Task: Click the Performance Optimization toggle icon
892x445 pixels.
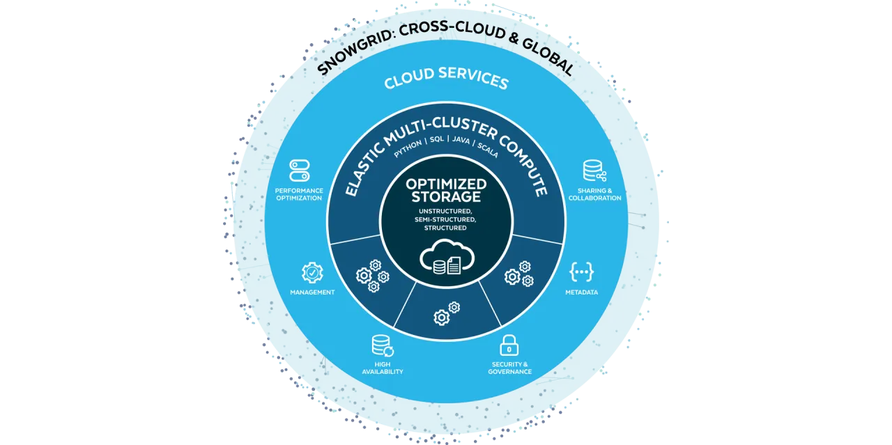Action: pos(299,171)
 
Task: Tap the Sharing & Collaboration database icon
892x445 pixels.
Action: pos(594,171)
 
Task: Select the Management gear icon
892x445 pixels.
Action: pos(312,272)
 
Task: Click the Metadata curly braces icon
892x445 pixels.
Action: pos(581,272)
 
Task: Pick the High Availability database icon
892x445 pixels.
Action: pos(382,346)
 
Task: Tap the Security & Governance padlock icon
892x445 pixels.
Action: pos(509,345)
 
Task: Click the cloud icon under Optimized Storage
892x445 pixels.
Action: pos(446,258)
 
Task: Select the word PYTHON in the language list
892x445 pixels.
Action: pos(408,151)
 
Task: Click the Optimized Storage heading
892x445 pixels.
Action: pos(446,190)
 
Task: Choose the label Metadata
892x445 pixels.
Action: pos(581,292)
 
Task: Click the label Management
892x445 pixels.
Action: pos(312,292)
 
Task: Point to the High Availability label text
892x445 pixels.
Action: pos(382,368)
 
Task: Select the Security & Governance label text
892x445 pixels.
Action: pos(509,368)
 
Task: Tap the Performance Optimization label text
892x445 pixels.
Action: pos(298,194)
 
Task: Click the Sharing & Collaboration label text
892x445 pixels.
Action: pos(594,194)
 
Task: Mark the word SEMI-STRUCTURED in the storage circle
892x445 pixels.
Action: pos(446,219)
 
